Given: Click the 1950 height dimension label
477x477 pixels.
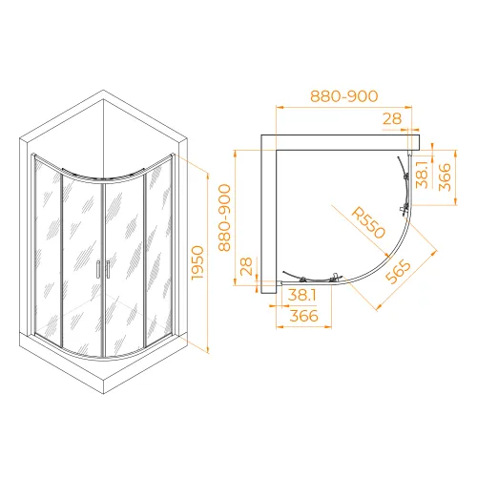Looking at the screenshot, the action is (x=197, y=262).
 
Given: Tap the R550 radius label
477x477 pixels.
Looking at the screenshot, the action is (x=368, y=222).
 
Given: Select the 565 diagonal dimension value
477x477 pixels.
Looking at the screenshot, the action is (x=398, y=271).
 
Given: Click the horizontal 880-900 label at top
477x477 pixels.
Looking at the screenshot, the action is (x=344, y=96).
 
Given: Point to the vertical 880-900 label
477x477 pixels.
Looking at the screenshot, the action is (x=224, y=218).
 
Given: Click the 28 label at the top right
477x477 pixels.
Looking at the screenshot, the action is (x=392, y=119).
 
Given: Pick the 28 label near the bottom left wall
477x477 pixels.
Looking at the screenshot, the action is (x=246, y=266).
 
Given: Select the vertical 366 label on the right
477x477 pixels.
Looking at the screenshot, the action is (x=445, y=177).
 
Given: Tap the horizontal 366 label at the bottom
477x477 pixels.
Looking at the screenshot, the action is (x=304, y=316).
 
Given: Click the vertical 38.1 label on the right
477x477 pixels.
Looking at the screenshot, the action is (x=423, y=175).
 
